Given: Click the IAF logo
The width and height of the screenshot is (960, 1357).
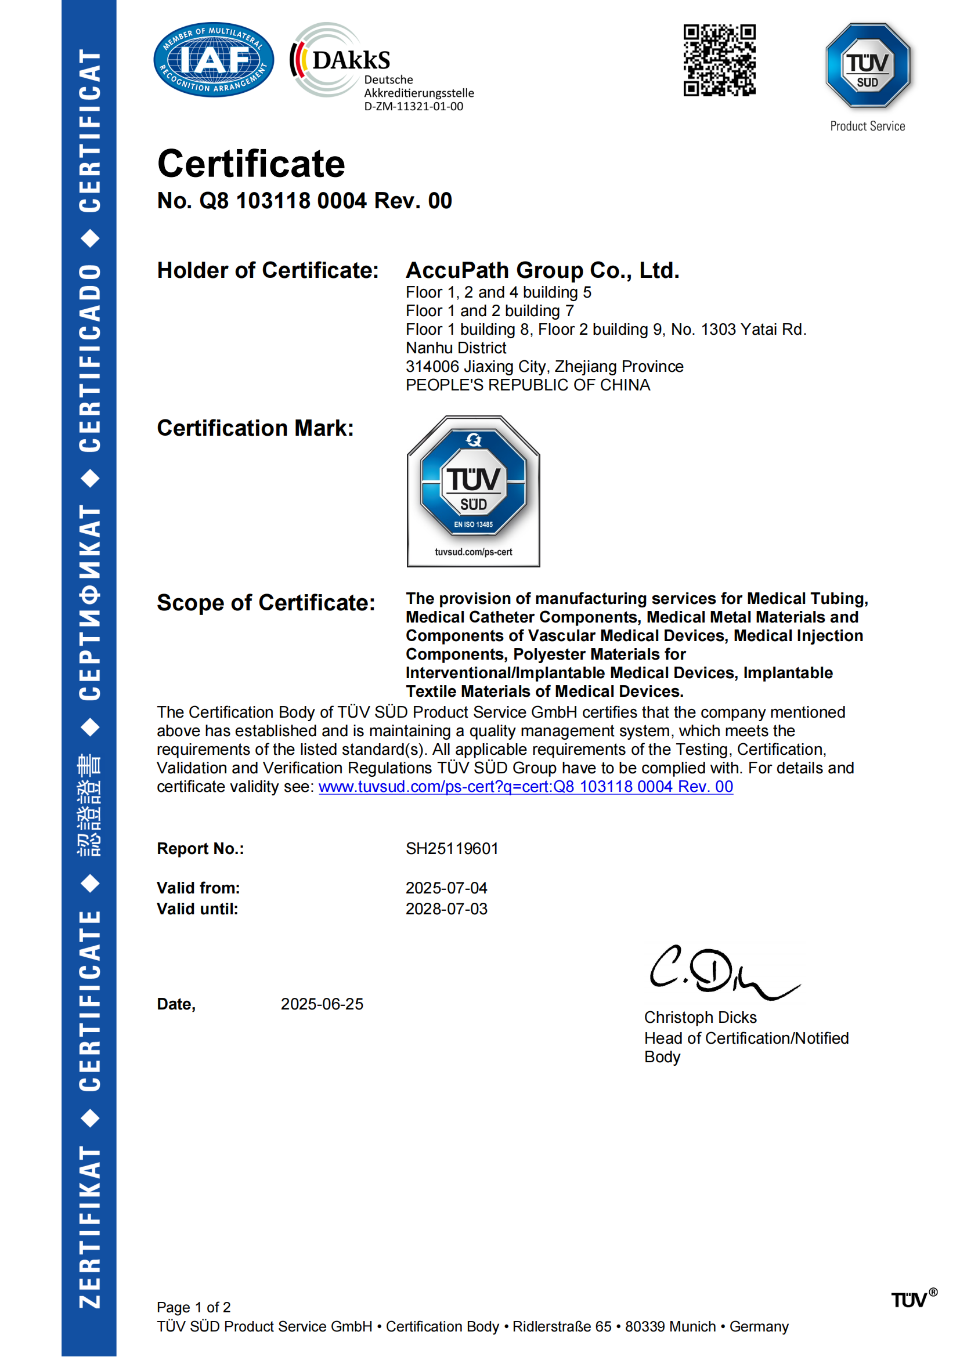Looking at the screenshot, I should [x=214, y=60].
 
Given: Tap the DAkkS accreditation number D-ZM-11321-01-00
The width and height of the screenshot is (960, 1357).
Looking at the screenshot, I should [x=413, y=106].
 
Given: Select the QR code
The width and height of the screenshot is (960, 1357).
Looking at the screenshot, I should [x=719, y=60].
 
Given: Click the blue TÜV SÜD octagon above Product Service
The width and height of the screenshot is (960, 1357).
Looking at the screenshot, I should [x=867, y=66].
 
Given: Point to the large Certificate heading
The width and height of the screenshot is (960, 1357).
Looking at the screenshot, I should [x=251, y=164].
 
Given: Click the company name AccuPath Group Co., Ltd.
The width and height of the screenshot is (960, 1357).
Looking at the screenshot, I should [x=542, y=270].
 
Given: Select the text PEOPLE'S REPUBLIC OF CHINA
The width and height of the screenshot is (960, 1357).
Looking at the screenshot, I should [x=527, y=385].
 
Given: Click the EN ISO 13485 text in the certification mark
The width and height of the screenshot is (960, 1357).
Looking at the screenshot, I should [x=473, y=524].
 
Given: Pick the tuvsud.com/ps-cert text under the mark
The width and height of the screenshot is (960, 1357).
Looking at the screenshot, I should [x=473, y=552].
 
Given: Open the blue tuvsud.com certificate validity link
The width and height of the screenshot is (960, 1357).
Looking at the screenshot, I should [x=525, y=786].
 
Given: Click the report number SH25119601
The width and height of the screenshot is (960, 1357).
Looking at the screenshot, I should [x=452, y=848].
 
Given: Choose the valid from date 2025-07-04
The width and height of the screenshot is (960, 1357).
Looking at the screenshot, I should [x=446, y=888].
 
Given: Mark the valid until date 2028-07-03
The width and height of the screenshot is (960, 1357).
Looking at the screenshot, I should [x=446, y=909].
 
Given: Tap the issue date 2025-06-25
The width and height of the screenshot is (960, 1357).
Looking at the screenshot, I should [x=322, y=1004].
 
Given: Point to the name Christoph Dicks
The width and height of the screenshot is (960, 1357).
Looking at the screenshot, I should [x=700, y=1017].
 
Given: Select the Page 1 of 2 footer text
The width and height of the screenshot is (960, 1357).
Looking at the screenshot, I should [x=193, y=1307].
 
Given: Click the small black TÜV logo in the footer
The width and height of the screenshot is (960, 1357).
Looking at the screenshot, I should [x=910, y=1300].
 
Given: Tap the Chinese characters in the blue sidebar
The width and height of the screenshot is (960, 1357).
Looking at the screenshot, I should [x=89, y=805].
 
